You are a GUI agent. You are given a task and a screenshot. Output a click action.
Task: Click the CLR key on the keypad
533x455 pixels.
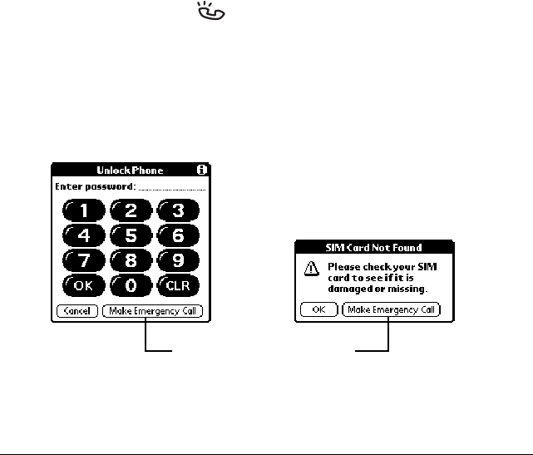tap(178, 285)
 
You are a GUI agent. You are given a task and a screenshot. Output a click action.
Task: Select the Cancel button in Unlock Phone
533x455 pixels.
tap(77, 311)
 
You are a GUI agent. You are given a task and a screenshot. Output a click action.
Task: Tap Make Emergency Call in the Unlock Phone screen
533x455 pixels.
tap(152, 311)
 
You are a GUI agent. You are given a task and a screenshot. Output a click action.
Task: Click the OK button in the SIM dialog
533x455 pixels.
tap(318, 309)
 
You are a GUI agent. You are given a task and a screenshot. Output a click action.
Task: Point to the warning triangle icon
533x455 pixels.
tap(310, 267)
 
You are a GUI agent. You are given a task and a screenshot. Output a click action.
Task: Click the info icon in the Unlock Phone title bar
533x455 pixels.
tap(200, 170)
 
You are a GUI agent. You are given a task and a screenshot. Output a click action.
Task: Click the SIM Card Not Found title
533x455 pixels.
tap(373, 247)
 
